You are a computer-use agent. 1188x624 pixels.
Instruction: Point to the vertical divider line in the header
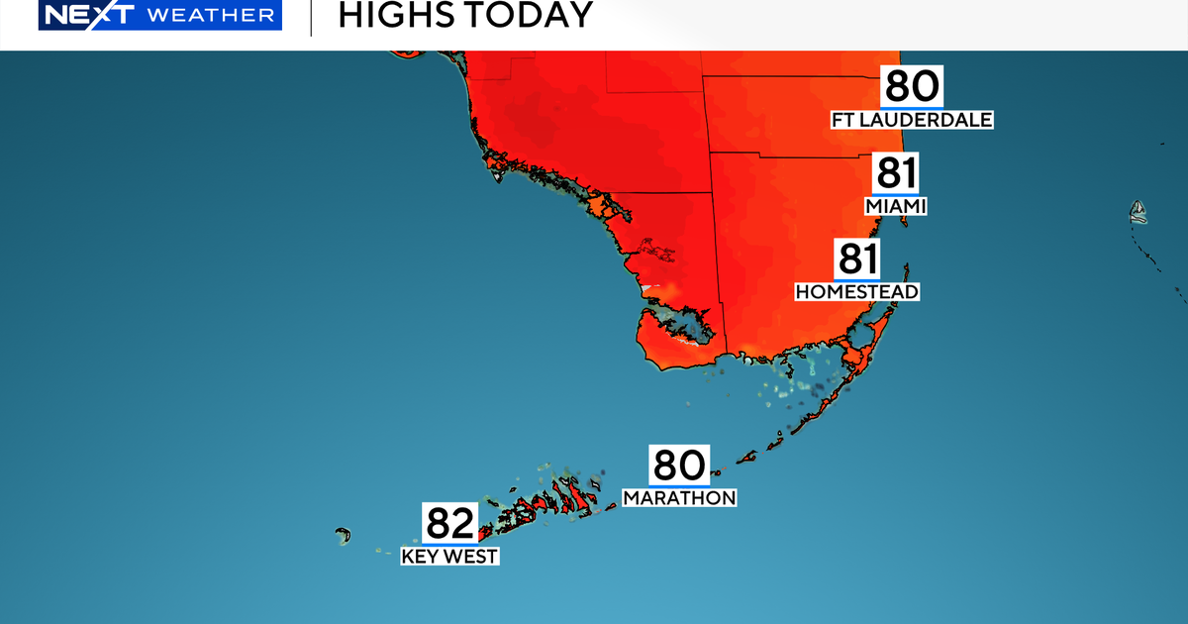[x=311, y=17]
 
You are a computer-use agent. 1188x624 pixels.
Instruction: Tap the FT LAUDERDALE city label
[x=912, y=121]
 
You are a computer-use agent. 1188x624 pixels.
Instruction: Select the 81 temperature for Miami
[x=895, y=174]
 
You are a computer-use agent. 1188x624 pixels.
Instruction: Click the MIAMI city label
[x=895, y=207]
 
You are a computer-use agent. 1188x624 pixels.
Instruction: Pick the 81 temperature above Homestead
[x=857, y=260]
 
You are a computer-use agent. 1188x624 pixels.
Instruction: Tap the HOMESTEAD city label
[x=857, y=292]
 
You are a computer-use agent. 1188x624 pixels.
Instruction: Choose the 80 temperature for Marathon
[x=679, y=466]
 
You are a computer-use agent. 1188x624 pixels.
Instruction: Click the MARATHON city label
[x=679, y=498]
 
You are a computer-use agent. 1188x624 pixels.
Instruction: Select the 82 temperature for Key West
[x=450, y=523]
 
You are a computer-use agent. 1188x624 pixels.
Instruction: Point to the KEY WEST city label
[x=449, y=557]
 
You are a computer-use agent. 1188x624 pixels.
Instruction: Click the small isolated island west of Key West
[x=344, y=536]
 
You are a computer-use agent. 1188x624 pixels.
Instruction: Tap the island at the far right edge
[x=1138, y=211]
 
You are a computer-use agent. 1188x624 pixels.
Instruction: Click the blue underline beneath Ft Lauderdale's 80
[x=912, y=106]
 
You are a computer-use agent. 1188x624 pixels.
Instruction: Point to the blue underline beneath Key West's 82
[x=450, y=544]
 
